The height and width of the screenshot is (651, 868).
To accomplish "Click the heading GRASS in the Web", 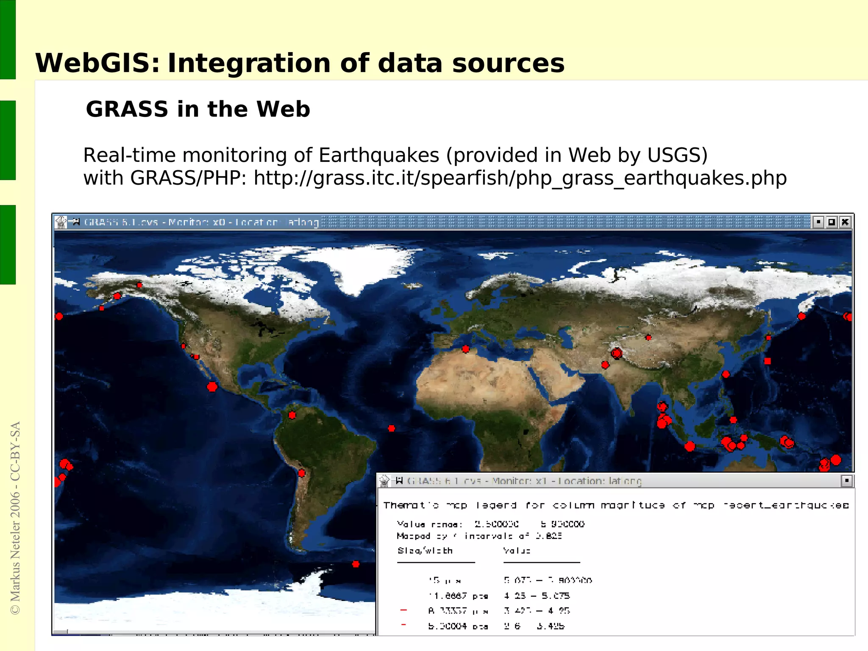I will (198, 109).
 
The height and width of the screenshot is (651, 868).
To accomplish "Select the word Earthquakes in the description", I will (378, 155).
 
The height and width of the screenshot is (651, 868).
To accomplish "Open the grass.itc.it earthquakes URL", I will (520, 178).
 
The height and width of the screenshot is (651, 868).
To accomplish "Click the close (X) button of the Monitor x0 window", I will (845, 222).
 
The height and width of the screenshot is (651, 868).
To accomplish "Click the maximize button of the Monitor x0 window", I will (832, 222).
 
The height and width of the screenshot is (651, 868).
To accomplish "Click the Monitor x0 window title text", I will (201, 222).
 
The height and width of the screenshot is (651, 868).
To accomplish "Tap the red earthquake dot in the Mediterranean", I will (466, 349).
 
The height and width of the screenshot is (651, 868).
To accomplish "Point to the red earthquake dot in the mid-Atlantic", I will (392, 429).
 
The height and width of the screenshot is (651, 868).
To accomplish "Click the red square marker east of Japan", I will (768, 361).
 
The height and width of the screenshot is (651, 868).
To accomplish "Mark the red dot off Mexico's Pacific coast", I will (212, 387).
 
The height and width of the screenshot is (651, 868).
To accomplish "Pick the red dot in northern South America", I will (292, 415).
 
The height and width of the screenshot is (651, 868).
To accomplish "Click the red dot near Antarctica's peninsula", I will (356, 564).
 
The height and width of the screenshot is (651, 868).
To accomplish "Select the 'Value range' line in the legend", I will (490, 524).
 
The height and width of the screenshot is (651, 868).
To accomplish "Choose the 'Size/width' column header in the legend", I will (425, 551).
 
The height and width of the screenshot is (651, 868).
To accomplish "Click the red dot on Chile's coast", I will (302, 473).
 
